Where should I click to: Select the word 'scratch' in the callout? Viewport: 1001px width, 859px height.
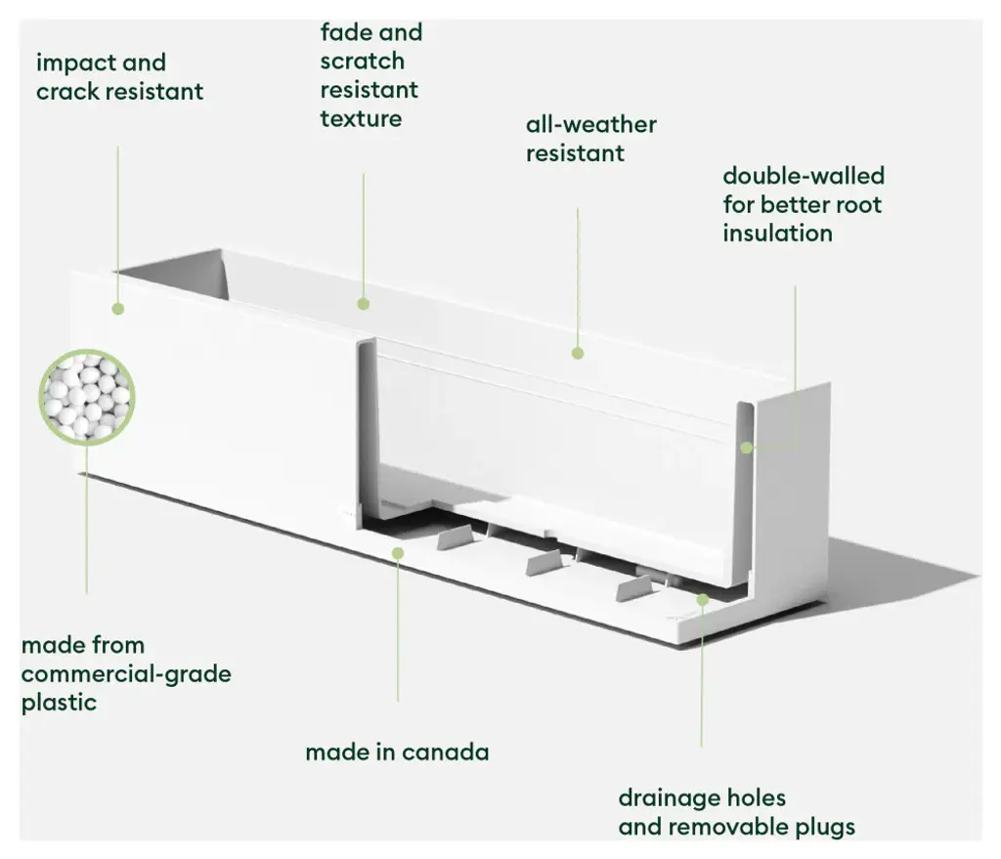click(x=362, y=62)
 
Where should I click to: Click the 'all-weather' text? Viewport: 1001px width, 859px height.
click(x=590, y=125)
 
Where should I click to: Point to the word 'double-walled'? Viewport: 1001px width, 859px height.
click(x=803, y=177)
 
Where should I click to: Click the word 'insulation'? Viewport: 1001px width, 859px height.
click(x=777, y=234)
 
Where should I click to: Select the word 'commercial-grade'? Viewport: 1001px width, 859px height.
click(x=126, y=674)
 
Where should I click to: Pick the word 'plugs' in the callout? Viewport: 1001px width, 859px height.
click(x=820, y=828)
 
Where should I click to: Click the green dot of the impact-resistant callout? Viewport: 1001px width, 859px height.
click(x=118, y=309)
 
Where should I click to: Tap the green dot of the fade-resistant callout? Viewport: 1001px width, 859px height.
click(x=364, y=304)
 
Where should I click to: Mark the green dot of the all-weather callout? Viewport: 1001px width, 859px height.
click(x=578, y=353)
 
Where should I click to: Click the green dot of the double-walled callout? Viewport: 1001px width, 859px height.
click(x=747, y=448)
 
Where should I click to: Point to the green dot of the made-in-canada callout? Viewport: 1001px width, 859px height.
click(x=398, y=553)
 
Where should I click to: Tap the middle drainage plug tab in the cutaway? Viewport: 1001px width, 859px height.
click(x=545, y=562)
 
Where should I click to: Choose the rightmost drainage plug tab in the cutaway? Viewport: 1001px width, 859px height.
click(x=637, y=588)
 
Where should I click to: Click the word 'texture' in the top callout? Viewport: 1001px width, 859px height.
click(x=361, y=119)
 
